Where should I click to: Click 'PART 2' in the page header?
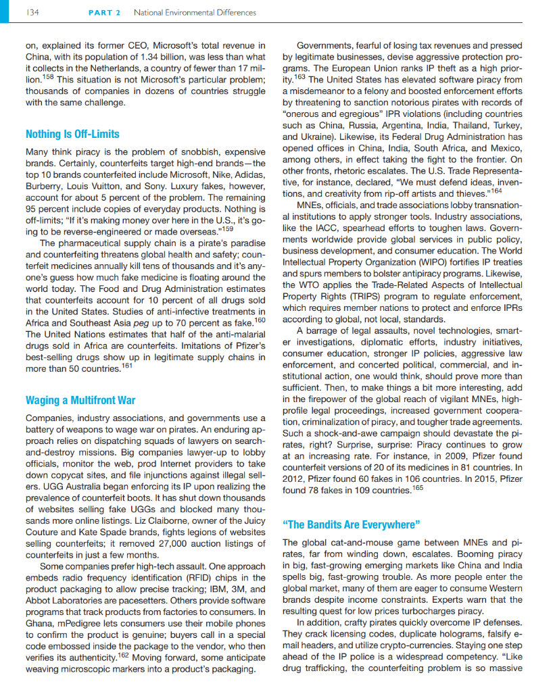[103, 13]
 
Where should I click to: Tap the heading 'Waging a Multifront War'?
[80, 399]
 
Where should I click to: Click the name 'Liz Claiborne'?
[183, 522]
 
